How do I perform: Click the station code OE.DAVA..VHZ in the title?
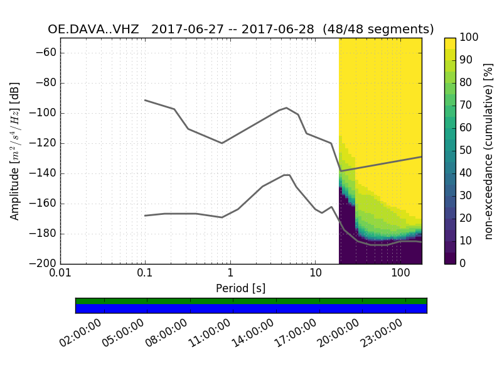(x=93, y=30)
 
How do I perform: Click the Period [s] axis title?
(x=240, y=288)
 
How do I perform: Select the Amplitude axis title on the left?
(x=15, y=151)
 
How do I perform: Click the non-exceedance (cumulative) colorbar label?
(x=489, y=151)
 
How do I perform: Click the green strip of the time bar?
(x=251, y=301)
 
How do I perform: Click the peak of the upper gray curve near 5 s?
(x=287, y=107)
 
